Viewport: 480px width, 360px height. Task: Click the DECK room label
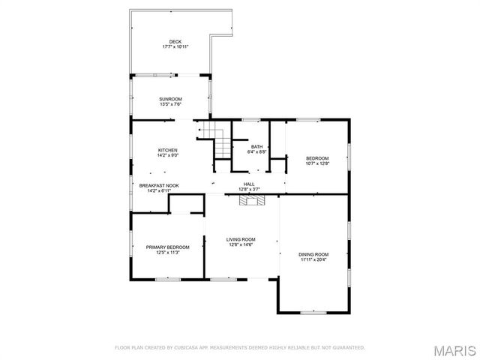click(175, 41)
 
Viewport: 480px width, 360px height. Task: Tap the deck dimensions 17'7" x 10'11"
click(175, 46)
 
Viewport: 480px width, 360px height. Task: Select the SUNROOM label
click(170, 99)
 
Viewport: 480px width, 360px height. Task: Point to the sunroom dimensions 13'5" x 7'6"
click(170, 104)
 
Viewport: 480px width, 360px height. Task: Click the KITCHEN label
click(168, 150)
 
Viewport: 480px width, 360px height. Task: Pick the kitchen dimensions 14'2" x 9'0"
click(168, 155)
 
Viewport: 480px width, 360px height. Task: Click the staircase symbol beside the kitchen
click(222, 142)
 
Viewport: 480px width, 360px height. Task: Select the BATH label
click(257, 146)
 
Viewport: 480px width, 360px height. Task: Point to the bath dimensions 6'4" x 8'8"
click(257, 151)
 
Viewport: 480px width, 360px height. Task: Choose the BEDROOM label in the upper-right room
click(317, 157)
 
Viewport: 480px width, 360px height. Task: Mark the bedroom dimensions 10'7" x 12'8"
click(317, 163)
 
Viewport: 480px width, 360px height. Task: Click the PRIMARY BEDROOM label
click(167, 247)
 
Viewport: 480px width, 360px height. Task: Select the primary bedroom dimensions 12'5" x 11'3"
click(167, 252)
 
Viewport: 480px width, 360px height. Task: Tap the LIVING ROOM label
click(241, 239)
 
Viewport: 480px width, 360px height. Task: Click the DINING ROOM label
click(314, 254)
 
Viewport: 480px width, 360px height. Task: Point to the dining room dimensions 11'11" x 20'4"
click(314, 259)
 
